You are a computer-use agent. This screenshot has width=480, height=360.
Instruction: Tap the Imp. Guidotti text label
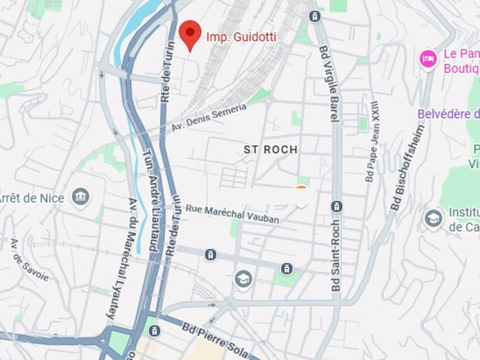click(241, 37)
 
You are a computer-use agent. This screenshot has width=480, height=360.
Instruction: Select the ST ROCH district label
click(270, 149)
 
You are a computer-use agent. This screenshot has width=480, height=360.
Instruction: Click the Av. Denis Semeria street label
click(209, 118)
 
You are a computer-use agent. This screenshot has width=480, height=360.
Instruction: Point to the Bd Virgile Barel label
click(329, 84)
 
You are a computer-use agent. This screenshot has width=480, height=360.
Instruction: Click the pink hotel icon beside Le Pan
click(428, 59)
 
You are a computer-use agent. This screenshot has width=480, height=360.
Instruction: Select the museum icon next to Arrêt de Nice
click(79, 195)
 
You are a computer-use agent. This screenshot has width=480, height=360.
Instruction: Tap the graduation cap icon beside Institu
click(433, 219)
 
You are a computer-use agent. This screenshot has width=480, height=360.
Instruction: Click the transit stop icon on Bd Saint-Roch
click(337, 207)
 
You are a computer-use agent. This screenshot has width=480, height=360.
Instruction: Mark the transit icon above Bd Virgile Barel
click(315, 16)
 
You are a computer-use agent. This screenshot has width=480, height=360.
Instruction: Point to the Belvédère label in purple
click(448, 114)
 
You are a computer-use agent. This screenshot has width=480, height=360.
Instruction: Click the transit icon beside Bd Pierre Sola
click(155, 330)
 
